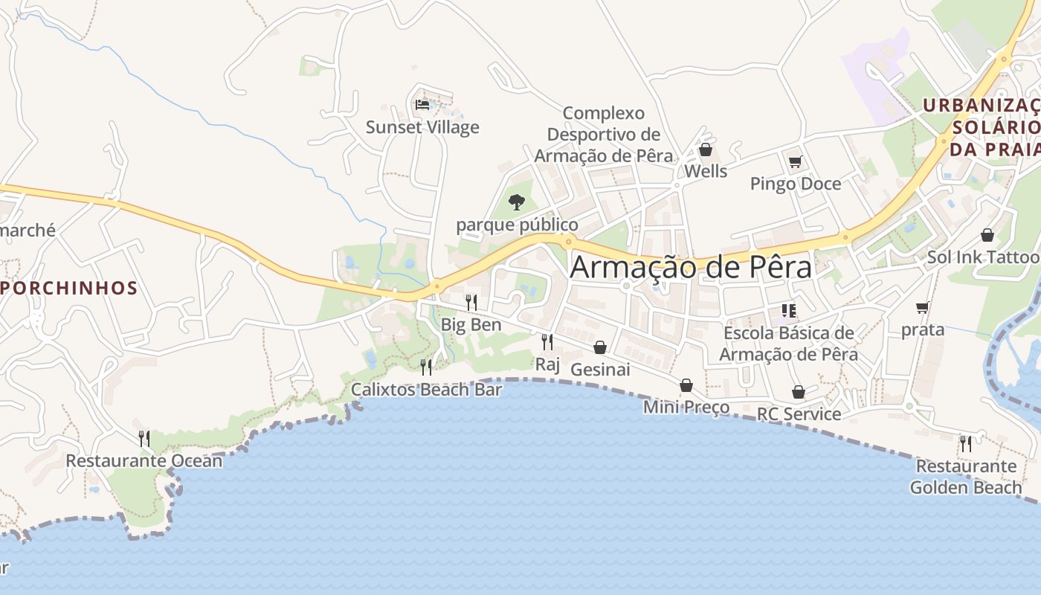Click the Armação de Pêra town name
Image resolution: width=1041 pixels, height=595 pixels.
point(690,267)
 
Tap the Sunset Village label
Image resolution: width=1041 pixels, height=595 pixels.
point(422,127)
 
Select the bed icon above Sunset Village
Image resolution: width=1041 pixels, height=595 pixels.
point(422,105)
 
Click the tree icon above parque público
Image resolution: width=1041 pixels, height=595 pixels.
point(516,202)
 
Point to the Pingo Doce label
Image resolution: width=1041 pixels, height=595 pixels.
point(795,184)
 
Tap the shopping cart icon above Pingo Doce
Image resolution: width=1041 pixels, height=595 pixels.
point(795,161)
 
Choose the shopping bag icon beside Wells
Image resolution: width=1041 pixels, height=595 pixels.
point(705,150)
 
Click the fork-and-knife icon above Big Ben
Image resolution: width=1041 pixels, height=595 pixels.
point(471,302)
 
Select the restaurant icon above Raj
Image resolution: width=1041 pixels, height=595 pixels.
point(547,341)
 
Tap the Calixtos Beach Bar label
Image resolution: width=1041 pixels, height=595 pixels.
point(426,389)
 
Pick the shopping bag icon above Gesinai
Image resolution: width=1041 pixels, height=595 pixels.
point(600,347)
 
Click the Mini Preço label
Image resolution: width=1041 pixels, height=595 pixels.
point(686,407)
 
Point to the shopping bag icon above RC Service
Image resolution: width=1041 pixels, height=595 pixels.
point(799,392)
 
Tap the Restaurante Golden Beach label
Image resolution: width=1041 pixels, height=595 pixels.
point(965,477)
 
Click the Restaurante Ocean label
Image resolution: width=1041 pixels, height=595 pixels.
point(144,460)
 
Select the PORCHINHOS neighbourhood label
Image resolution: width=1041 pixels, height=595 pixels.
point(69,288)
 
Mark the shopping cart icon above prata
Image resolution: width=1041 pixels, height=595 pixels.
point(923,307)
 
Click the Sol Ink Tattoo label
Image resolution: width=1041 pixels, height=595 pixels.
point(982,257)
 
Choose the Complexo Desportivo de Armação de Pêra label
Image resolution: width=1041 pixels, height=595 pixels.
point(603,135)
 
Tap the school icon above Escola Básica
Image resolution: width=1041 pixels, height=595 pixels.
point(788,311)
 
